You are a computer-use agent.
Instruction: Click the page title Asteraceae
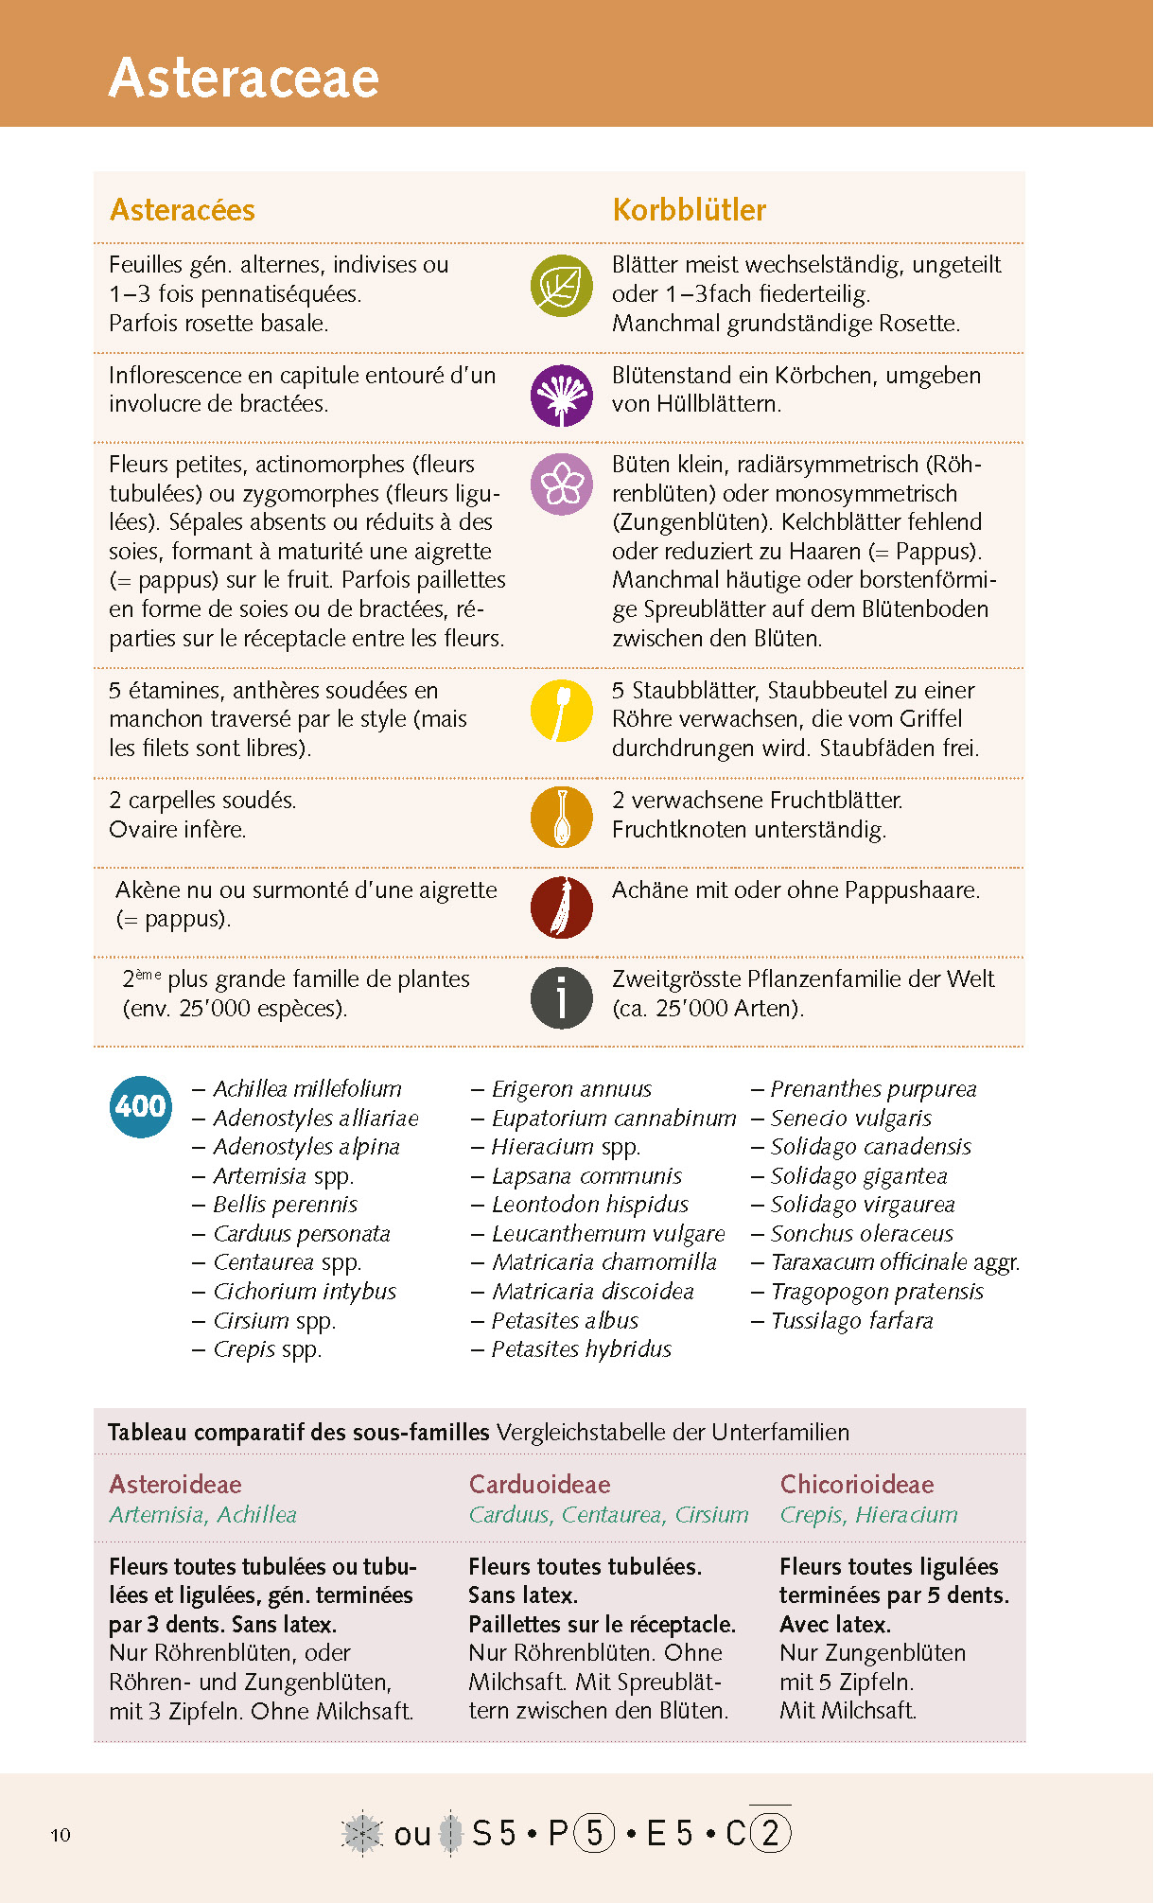click(244, 78)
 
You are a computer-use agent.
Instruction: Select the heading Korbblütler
click(689, 209)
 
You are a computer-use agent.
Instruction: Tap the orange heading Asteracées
click(183, 209)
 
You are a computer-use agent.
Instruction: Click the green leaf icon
click(562, 286)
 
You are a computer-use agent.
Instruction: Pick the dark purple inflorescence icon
click(562, 396)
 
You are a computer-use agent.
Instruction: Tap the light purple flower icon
click(562, 485)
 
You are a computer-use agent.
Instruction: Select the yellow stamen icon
click(562, 710)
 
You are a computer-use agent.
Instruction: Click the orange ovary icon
click(562, 817)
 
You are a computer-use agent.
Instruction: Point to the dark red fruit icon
click(562, 907)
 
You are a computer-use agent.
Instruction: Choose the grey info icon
click(562, 997)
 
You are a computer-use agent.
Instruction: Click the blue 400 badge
click(141, 1106)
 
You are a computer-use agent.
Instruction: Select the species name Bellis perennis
click(285, 1205)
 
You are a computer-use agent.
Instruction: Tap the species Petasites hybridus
click(581, 1349)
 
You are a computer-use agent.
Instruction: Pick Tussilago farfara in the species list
click(851, 1321)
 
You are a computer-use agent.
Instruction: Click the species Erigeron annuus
click(571, 1089)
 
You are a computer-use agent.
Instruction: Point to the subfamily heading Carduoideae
click(539, 1484)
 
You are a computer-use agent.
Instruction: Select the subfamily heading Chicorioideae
click(856, 1484)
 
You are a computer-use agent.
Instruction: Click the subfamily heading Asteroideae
click(175, 1484)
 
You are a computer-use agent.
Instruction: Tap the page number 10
click(61, 1835)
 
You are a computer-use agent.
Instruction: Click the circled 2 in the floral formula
click(770, 1833)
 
